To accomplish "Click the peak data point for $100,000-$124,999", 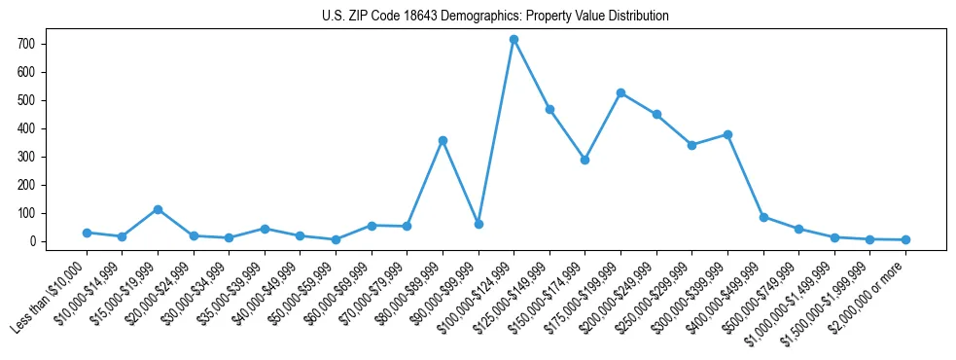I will point(513,40).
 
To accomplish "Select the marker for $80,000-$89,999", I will point(443,140).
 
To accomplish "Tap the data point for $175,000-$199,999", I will point(620,92).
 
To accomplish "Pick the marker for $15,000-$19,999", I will point(158,209).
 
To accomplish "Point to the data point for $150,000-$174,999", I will point(584,160).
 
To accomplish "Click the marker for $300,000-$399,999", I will point(727,134).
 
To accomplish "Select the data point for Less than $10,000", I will point(87,233).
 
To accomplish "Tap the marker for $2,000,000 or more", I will point(905,239).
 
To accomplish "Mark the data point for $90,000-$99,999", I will point(478,224).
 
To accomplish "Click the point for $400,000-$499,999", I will point(763,217).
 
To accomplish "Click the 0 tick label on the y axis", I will point(32,241).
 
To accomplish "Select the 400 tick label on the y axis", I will point(26,128).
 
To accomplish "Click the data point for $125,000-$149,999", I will point(549,109).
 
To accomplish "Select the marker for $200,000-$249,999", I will point(656,115).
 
